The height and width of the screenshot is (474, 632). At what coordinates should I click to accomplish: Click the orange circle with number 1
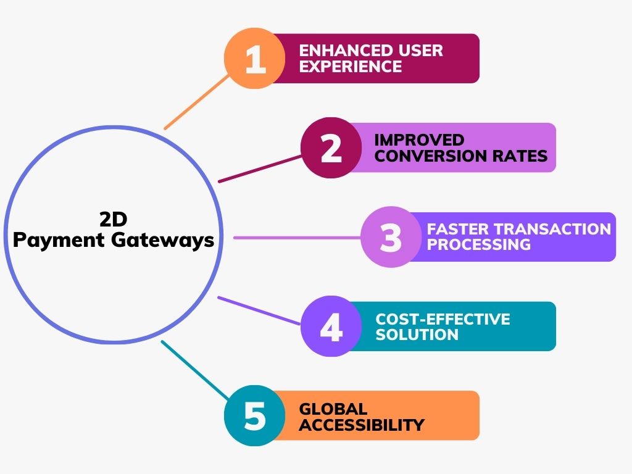[254, 59]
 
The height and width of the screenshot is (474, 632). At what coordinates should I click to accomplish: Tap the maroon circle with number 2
[331, 148]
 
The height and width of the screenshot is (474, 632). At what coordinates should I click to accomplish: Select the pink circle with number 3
[391, 237]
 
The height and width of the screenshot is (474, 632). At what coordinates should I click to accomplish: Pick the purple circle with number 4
[331, 326]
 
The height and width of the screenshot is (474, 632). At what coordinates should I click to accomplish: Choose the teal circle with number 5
[254, 415]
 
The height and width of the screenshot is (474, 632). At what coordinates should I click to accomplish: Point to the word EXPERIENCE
[351, 66]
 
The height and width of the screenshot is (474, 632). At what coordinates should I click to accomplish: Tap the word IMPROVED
[419, 139]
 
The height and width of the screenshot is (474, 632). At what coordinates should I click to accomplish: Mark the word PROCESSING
[479, 244]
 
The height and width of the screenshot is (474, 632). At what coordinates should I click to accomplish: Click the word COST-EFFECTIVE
[443, 319]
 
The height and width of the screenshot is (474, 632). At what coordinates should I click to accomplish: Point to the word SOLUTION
[417, 335]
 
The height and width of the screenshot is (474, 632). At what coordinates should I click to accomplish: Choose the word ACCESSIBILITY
[362, 425]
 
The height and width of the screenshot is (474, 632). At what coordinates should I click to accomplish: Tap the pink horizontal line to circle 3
[296, 238]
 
